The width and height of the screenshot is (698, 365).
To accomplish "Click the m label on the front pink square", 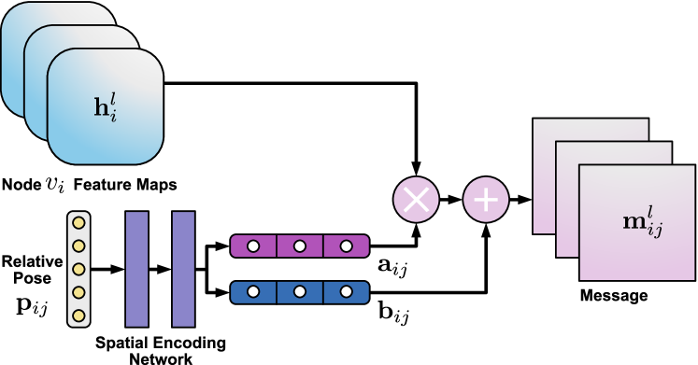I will (x=642, y=224).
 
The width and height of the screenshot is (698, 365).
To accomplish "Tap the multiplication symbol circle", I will (x=416, y=200).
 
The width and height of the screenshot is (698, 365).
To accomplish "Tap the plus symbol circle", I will (x=486, y=200).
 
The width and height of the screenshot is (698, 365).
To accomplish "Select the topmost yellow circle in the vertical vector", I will (x=78, y=223).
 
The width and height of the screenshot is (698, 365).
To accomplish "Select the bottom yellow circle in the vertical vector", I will (x=78, y=316).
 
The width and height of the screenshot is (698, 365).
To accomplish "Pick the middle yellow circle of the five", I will (x=78, y=270).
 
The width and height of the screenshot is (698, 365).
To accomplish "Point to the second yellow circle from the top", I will (x=78, y=246).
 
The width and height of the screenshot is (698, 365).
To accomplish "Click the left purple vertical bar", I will (x=136, y=269).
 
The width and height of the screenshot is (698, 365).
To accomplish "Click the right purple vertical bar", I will (x=183, y=269).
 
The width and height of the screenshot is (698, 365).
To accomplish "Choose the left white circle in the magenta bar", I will (x=253, y=246).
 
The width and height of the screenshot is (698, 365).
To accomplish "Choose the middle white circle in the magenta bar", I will (x=300, y=246).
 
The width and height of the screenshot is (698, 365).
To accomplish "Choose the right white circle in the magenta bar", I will (x=347, y=246).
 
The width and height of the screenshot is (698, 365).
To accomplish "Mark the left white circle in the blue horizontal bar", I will (x=253, y=292).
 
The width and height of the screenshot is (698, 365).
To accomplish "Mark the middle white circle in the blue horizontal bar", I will (x=300, y=292).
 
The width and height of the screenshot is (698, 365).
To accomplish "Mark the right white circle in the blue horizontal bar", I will (x=347, y=292).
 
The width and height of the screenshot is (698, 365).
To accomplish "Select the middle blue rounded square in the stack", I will (x=36, y=84).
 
